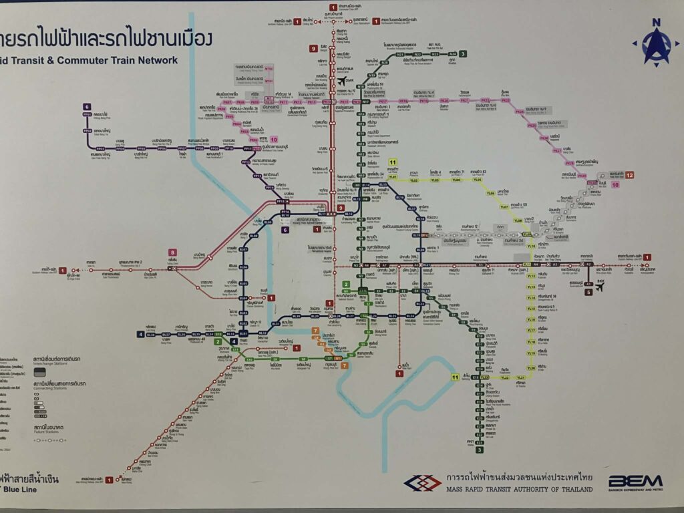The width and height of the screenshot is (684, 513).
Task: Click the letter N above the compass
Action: tap(657, 22)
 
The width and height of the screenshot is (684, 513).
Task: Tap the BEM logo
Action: tap(635, 481)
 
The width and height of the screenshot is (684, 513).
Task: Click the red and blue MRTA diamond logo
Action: tap(422, 482)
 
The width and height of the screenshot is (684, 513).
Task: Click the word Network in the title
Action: tap(154, 60)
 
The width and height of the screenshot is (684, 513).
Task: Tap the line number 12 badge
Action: tap(629, 175)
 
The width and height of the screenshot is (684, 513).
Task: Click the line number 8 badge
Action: tap(172, 252)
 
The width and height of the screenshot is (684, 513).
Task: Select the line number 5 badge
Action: tap(588, 291)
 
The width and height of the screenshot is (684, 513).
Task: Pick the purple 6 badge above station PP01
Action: tap(87, 107)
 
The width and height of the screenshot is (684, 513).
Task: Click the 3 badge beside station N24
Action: tap(463, 53)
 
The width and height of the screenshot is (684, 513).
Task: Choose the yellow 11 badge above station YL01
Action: tap(393, 162)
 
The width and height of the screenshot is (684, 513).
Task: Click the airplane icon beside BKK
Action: tap(598, 289)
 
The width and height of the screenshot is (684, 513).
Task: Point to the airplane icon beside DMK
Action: tap(342, 81)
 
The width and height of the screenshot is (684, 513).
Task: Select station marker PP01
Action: tap(87, 115)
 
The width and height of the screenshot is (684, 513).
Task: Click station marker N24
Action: tap(452, 53)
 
